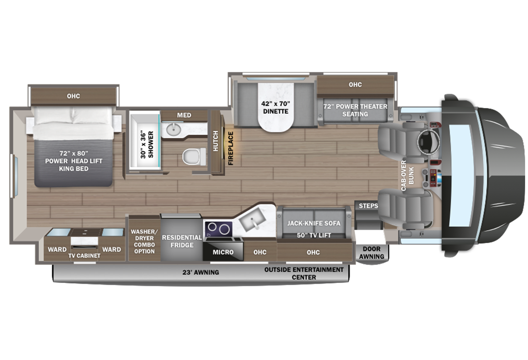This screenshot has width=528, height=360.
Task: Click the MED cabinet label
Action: [184, 115]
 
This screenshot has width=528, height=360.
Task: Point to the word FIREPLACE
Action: [230, 148]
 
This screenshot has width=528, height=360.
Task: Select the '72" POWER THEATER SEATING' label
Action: [355, 110]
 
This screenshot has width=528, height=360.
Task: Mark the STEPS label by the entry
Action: [369, 206]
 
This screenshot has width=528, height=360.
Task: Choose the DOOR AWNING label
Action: [373, 253]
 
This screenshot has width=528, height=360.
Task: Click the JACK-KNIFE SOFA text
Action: [313, 223]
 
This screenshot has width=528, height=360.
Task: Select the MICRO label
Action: [223, 252]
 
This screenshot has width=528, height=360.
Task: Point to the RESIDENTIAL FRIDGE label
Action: [181, 241]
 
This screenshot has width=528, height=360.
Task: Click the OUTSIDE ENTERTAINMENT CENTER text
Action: [304, 273]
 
